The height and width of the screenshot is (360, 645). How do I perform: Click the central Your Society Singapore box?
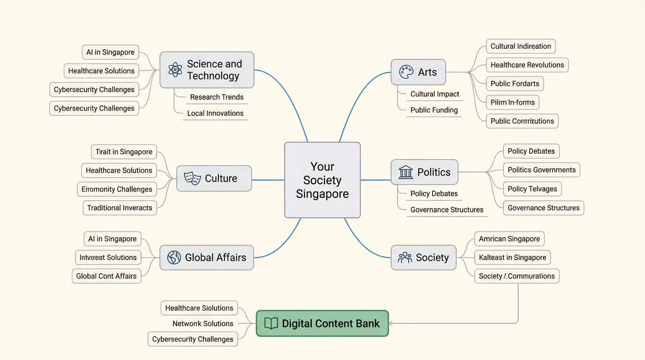click(322, 180)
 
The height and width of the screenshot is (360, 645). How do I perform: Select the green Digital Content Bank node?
click(322, 323)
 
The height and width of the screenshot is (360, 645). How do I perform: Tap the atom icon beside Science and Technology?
click(175, 70)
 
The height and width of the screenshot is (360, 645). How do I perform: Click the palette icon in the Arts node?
click(406, 72)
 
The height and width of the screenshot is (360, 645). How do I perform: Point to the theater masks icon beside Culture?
click(192, 178)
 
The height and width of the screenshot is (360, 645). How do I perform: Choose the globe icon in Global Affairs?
click(174, 257)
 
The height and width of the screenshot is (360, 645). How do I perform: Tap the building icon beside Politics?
click(405, 172)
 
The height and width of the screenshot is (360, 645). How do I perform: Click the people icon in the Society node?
click(405, 257)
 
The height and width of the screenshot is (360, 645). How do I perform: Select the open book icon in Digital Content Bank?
click(271, 323)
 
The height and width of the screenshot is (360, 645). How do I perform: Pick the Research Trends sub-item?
click(217, 97)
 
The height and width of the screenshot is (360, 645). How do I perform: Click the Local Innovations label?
click(215, 113)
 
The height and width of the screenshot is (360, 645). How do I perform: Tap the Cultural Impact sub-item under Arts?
click(435, 94)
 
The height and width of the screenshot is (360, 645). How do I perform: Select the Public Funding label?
click(434, 110)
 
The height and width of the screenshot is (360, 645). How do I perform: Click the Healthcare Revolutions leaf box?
click(527, 65)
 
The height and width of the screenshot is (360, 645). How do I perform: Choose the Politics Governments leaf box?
click(541, 170)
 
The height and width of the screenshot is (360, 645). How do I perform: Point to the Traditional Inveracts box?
click(120, 208)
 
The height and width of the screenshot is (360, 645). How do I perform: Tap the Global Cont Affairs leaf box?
click(106, 276)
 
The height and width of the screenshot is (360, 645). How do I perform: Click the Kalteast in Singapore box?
click(512, 257)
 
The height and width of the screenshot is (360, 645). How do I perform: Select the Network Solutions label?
click(202, 323)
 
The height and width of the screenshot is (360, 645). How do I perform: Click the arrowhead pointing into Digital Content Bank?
click(391, 323)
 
